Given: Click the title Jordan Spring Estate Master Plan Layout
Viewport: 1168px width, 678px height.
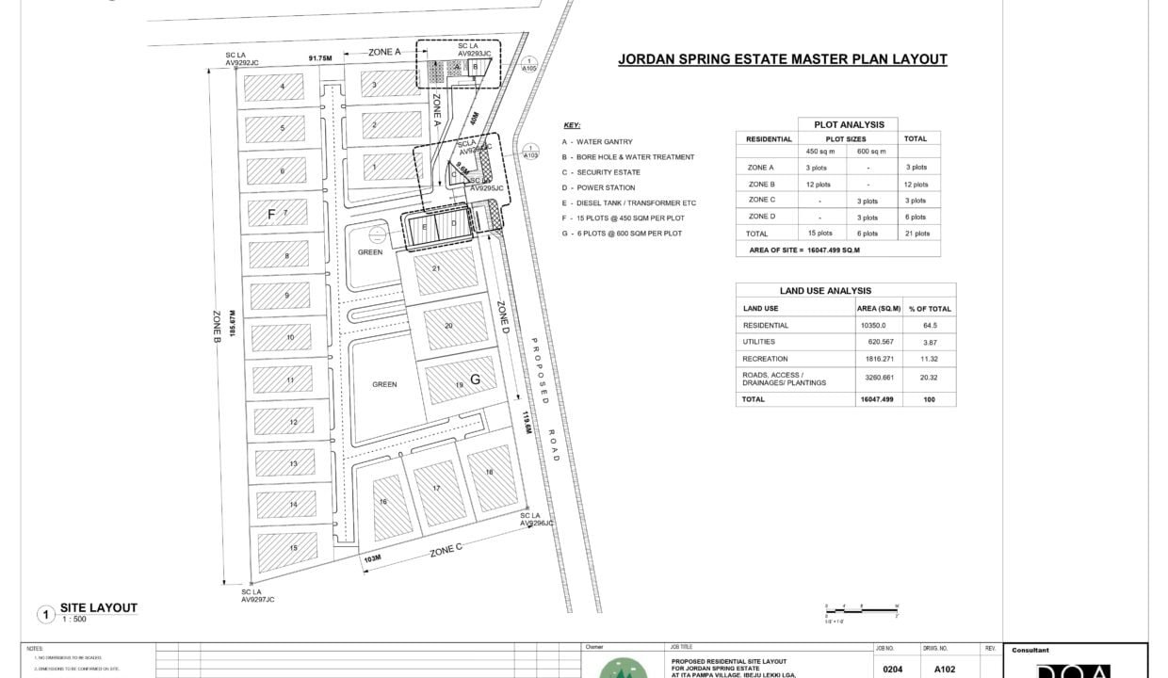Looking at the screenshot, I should point(782,59).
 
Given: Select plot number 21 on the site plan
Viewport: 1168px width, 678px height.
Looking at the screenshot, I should point(437,268).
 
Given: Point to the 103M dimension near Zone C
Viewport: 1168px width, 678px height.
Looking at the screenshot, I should point(371,558).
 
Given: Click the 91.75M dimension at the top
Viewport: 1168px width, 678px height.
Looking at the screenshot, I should point(320,57).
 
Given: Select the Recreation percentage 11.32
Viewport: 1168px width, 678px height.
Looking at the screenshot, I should point(929,359).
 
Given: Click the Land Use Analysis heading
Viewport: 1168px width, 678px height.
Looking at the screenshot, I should point(825,291).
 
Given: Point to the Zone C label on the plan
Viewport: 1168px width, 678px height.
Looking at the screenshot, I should point(446,551).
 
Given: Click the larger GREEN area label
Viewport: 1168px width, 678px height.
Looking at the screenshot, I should point(384,384).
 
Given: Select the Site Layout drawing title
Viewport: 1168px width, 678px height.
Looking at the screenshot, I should point(98,608).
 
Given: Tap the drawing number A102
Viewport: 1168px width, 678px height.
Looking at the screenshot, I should point(946,670).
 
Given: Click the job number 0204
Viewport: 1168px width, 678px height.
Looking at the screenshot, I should point(893,670).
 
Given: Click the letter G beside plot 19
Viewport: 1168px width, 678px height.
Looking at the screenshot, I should point(476,379).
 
